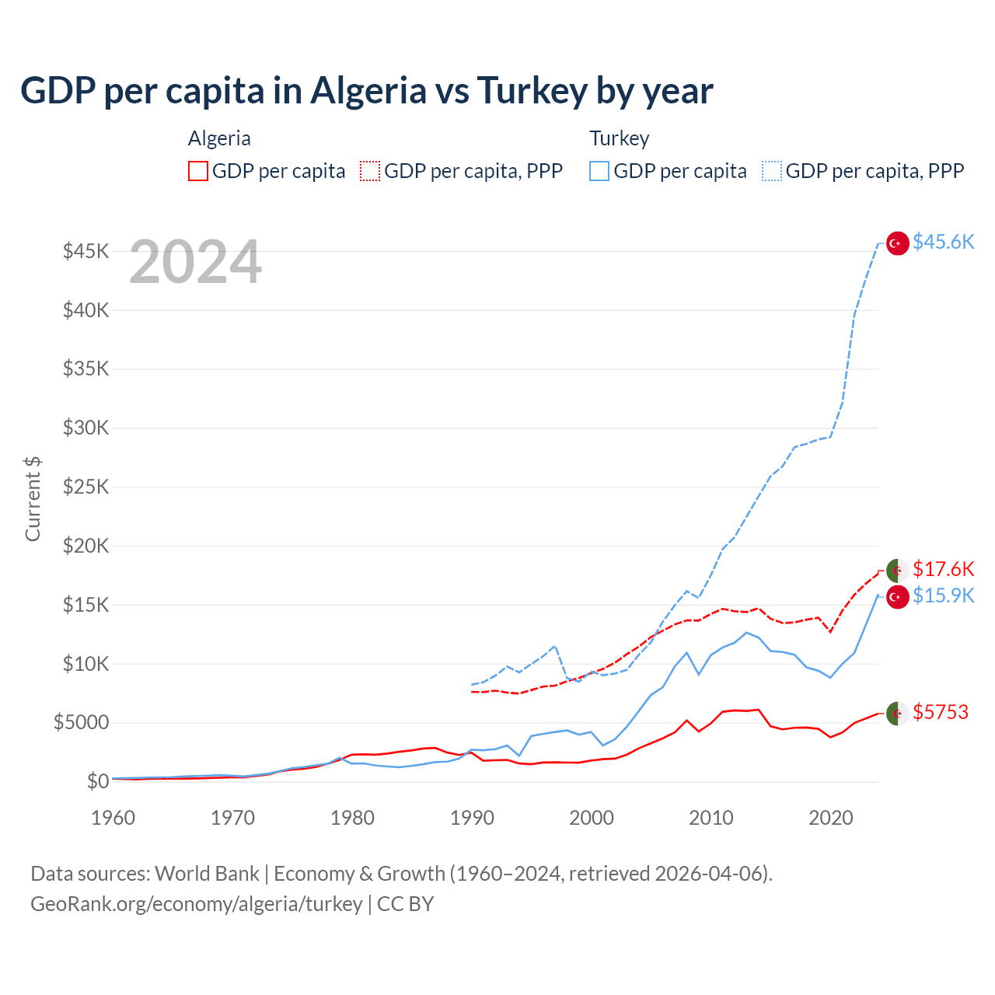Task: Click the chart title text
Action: [366, 91]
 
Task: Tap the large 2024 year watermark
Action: [195, 262]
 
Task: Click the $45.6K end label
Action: [943, 242]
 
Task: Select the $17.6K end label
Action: [943, 569]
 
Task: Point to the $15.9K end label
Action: [943, 595]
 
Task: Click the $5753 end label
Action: [941, 712]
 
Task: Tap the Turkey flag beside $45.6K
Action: [898, 243]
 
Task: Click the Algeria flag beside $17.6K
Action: [898, 570]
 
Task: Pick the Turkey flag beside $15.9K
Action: [898, 597]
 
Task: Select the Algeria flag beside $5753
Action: [898, 713]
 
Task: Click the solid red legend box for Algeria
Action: [198, 171]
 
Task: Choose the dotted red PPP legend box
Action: [370, 171]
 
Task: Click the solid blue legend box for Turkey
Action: [599, 171]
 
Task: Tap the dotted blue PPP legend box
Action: [772, 171]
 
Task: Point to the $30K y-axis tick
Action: [86, 428]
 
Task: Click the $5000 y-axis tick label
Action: [82, 723]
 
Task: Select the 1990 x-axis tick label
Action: [472, 818]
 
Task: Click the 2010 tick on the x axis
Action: [711, 818]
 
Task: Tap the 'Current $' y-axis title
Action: [33, 499]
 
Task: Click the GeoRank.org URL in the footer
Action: [197, 904]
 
